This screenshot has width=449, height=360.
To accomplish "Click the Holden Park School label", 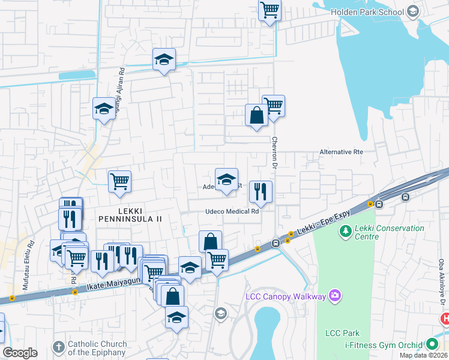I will pos(367,11).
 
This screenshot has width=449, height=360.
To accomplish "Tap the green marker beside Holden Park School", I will pos(412,11).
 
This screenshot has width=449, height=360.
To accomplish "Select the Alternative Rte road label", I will pos(341,152).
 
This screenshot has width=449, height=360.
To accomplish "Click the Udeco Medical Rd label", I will pos(232,211).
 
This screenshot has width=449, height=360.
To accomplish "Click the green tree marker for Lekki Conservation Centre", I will pos(345,231).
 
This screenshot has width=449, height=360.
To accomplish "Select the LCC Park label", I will pos(342,333).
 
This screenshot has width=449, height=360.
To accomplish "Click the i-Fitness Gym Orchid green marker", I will pos(432,344).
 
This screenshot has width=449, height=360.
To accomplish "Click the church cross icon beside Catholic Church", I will pos(58,347).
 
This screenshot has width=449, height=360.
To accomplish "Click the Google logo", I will pos(20,353).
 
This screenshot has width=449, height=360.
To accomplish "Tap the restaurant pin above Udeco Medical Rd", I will pos(261,191).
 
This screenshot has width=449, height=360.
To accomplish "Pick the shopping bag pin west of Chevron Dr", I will pos(256,115).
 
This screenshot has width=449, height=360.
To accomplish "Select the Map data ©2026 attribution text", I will pos(423,355).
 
